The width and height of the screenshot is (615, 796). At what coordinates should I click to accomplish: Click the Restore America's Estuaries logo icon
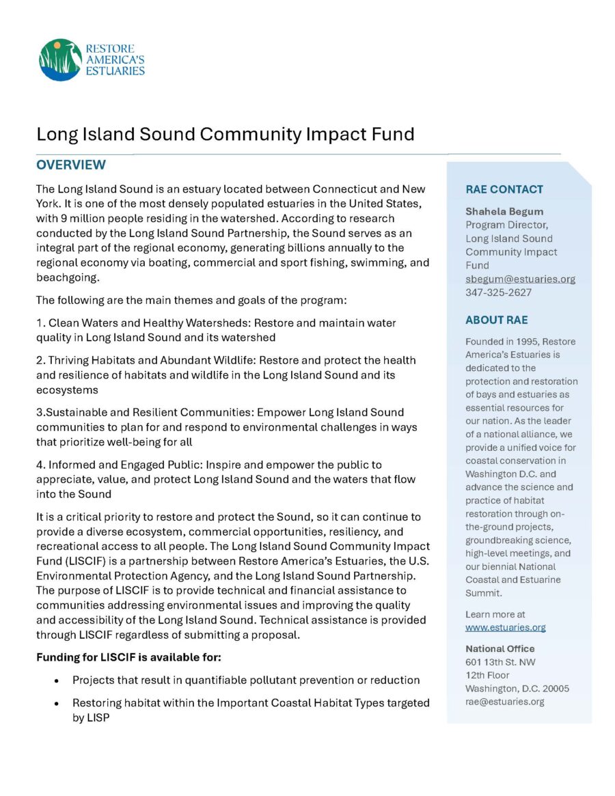(61, 59)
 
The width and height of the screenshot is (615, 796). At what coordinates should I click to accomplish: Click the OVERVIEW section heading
(71, 165)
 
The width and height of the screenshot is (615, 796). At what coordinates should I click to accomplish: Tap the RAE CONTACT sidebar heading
(504, 189)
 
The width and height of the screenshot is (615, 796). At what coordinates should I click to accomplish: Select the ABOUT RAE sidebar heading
(497, 320)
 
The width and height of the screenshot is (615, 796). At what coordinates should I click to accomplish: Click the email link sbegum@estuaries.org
(520, 279)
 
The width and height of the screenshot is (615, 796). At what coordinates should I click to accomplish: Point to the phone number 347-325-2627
(499, 292)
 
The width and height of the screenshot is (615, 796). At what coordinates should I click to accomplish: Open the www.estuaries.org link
(506, 627)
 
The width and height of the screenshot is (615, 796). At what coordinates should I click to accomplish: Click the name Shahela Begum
(504, 211)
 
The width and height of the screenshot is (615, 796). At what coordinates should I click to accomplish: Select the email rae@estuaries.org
(505, 701)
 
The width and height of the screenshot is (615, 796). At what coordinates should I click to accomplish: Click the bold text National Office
(500, 648)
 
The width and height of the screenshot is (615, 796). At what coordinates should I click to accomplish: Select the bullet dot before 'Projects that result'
(56, 681)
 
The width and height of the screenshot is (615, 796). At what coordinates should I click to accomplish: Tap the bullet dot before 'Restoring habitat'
(56, 704)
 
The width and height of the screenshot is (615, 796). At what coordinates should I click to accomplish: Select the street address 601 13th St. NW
(500, 662)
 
